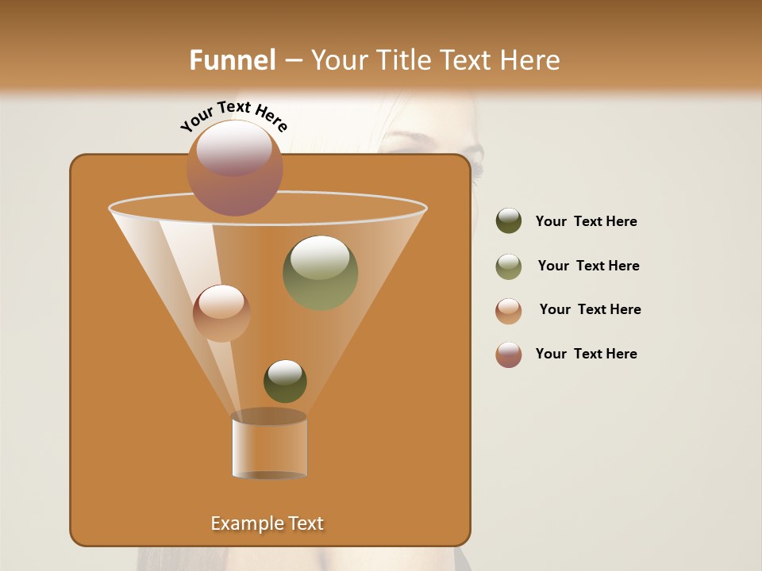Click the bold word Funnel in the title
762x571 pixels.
point(233,60)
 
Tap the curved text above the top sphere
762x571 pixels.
point(233,116)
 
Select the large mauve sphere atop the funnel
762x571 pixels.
point(234,168)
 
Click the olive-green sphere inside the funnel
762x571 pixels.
point(320,273)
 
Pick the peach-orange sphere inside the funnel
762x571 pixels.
point(221,313)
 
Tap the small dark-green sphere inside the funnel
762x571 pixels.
point(285,381)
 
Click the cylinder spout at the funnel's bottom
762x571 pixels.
point(269,445)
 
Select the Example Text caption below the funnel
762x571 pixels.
point(267,523)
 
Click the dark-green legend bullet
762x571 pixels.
point(509,221)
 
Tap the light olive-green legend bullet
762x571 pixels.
point(509,266)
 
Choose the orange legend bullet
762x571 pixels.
point(509,311)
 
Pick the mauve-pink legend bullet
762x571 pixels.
point(509,354)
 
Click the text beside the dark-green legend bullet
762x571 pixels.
point(586,222)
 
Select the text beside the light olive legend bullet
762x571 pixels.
point(588,266)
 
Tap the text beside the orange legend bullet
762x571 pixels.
point(590,310)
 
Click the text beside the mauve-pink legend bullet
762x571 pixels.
point(586,354)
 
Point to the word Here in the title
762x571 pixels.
point(531,60)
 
